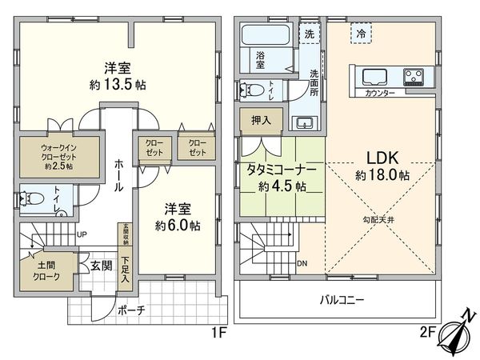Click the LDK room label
point(382,158)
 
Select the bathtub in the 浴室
point(266,35)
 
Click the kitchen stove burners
point(414,77)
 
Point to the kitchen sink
point(374,77)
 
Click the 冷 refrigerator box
point(361,33)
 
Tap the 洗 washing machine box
point(309,33)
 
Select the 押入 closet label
point(261,120)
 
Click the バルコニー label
point(342,300)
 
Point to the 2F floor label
point(427,333)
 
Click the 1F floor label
point(219,333)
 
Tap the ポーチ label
point(131,310)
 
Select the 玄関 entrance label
point(101,266)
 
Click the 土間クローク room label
point(46,270)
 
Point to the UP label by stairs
point(82,234)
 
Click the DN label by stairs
point(302,263)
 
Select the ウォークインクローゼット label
point(58,157)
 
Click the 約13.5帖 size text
point(118,84)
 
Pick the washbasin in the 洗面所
point(305,122)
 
